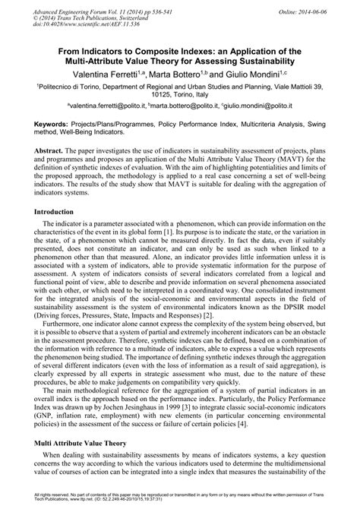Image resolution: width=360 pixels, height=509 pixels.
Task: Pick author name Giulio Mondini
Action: pyautogui.click(x=254, y=75)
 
